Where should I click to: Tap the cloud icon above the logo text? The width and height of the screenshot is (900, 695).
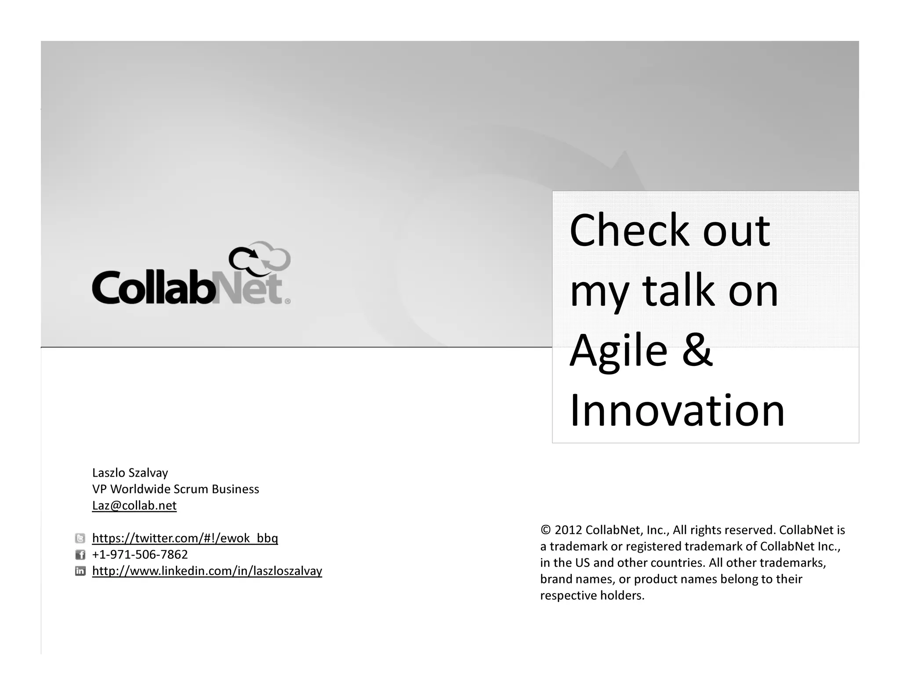coord(260,257)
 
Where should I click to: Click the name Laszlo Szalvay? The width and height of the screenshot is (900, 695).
coord(130,473)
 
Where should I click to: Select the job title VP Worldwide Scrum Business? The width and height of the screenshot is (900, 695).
coord(175,489)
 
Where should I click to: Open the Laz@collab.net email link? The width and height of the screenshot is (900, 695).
coord(134,506)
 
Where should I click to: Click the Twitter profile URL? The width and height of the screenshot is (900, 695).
coord(185,538)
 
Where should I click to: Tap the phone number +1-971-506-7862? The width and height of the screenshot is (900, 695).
coord(140,554)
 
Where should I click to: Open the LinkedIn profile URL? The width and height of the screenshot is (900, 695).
coord(207,571)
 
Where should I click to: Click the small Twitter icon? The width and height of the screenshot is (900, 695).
coord(80,538)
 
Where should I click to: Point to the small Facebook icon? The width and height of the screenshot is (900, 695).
coord(80,555)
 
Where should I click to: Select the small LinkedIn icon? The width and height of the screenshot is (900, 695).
coord(80,571)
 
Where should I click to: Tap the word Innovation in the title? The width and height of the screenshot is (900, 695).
coord(677,411)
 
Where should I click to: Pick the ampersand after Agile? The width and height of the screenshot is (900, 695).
coord(698,350)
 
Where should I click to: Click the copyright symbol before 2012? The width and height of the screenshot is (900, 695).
coord(545,530)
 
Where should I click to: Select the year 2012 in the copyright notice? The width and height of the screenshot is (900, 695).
coord(569,530)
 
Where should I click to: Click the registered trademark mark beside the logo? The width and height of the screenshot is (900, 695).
coord(288,301)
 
